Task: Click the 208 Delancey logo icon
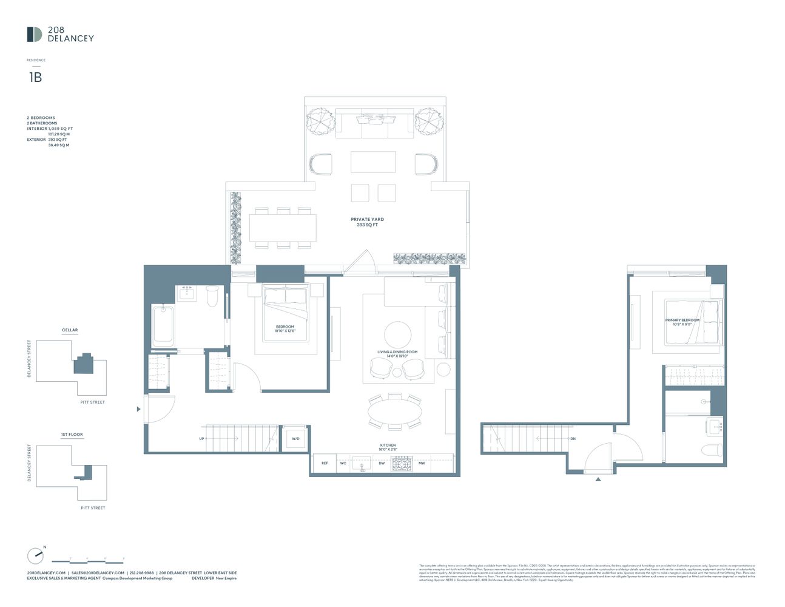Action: click(34, 35)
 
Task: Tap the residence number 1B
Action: click(35, 77)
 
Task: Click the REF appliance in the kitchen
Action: click(325, 463)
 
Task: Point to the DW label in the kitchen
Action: click(382, 463)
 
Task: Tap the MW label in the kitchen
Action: click(422, 463)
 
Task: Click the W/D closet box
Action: click(295, 438)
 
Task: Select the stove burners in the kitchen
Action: click(401, 463)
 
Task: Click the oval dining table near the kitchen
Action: click(395, 412)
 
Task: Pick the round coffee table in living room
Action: click(397, 334)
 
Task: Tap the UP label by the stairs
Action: click(201, 438)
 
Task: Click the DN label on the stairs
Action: click(573, 438)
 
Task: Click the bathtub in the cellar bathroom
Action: click(163, 326)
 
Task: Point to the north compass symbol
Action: click(36, 555)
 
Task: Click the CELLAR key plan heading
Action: click(70, 330)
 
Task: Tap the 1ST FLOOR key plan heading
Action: click(72, 435)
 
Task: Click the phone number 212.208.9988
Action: click(141, 573)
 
